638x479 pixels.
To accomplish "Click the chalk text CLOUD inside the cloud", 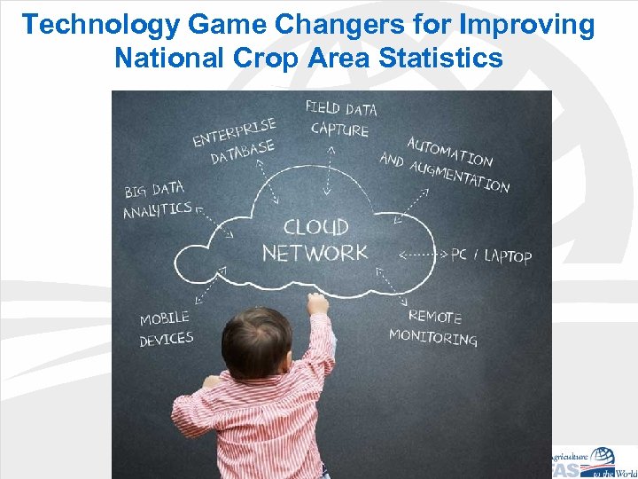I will pos(315,228).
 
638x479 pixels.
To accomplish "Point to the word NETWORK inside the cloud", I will pos(315,253).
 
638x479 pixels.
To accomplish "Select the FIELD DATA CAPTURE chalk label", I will pos(340,119).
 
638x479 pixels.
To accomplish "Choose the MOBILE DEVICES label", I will pos(166,327).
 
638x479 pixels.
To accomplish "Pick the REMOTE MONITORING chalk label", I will pos(434,327).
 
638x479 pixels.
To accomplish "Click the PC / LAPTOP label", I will pos(491,255).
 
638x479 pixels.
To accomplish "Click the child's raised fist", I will pos(316,304).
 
